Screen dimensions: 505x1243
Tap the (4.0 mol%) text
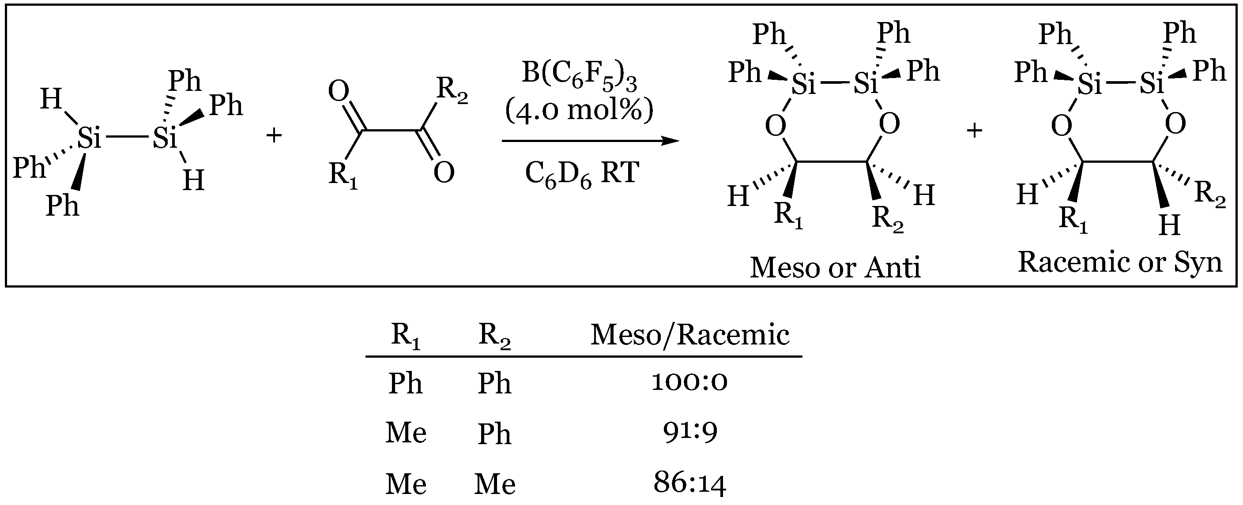tap(579, 110)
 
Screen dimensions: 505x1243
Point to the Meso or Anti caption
tap(835, 268)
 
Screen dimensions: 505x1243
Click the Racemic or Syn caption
tap(1119, 263)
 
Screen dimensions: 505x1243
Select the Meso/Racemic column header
tap(690, 335)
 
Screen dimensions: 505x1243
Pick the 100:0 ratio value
tap(689, 382)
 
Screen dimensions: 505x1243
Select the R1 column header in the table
tap(405, 335)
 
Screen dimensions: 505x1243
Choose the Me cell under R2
tap(494, 484)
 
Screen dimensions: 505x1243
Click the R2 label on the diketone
tap(452, 90)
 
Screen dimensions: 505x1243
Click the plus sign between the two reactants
tap(274, 135)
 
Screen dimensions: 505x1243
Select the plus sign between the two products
tap(974, 131)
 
